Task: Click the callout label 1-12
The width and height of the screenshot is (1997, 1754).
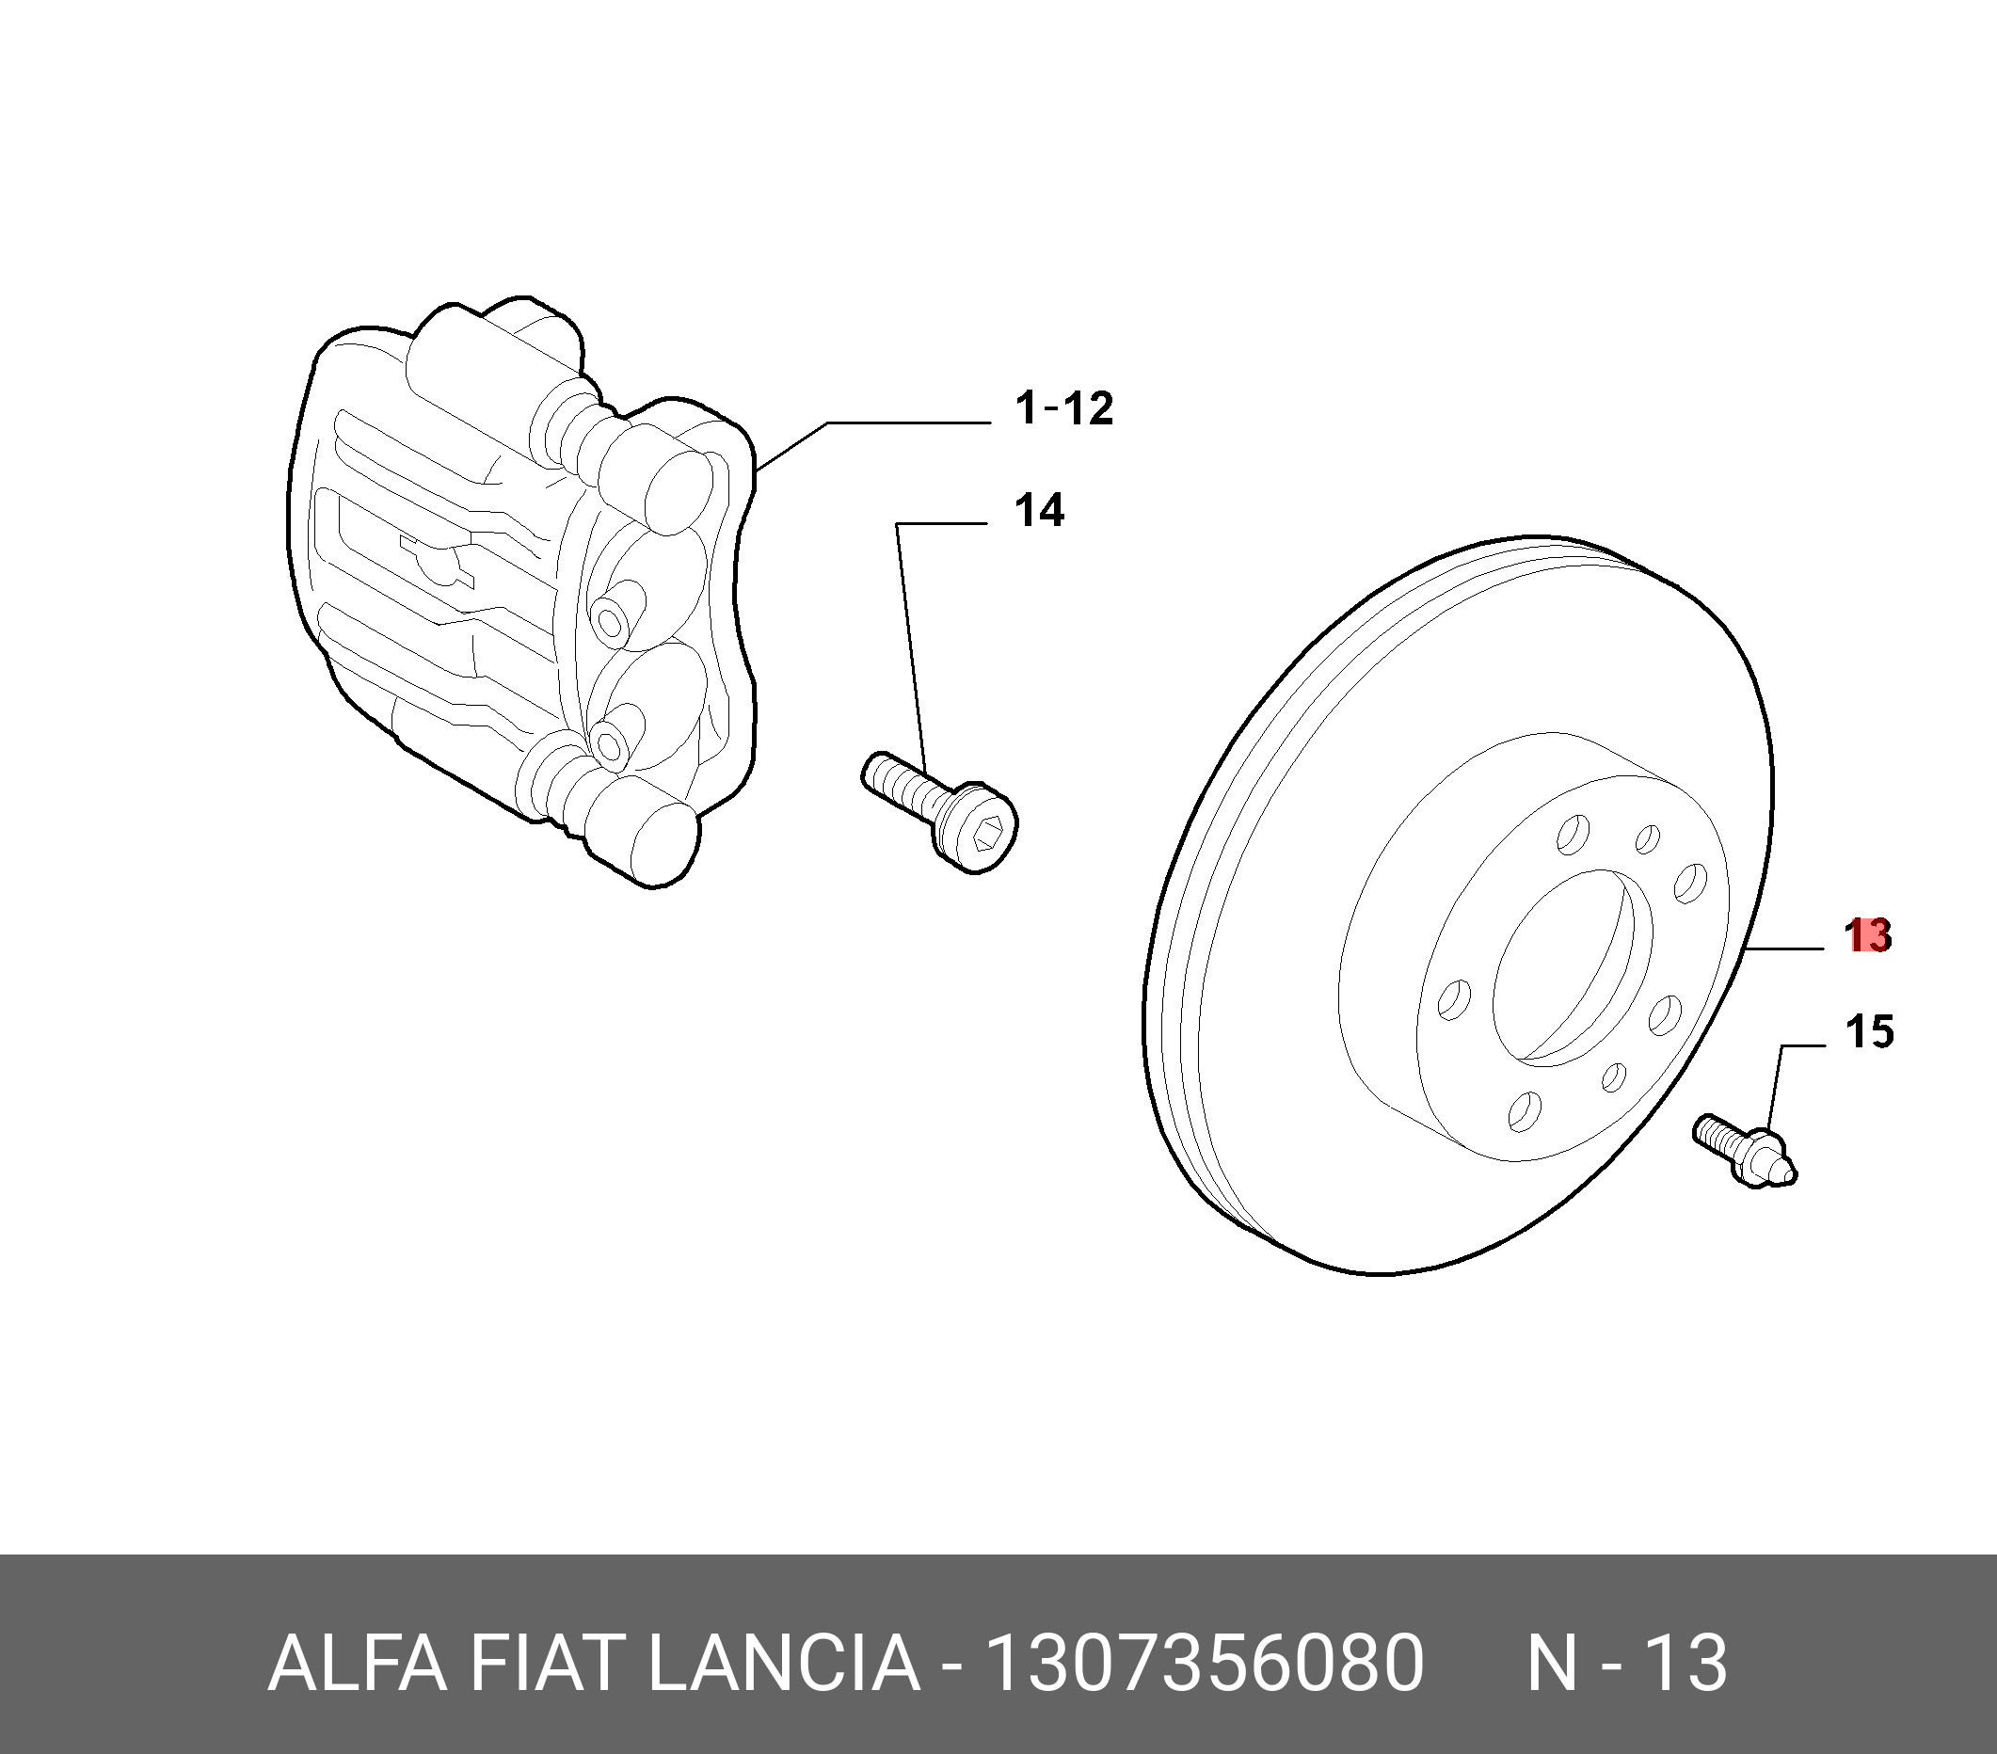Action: pyautogui.click(x=1064, y=407)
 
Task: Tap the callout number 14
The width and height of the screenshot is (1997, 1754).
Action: pyautogui.click(x=1039, y=511)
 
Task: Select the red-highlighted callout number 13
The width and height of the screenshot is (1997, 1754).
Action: pyautogui.click(x=1867, y=936)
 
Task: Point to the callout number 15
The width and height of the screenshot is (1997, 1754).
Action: pyautogui.click(x=1869, y=1032)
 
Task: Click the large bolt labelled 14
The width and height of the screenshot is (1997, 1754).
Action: pyautogui.click(x=939, y=810)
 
